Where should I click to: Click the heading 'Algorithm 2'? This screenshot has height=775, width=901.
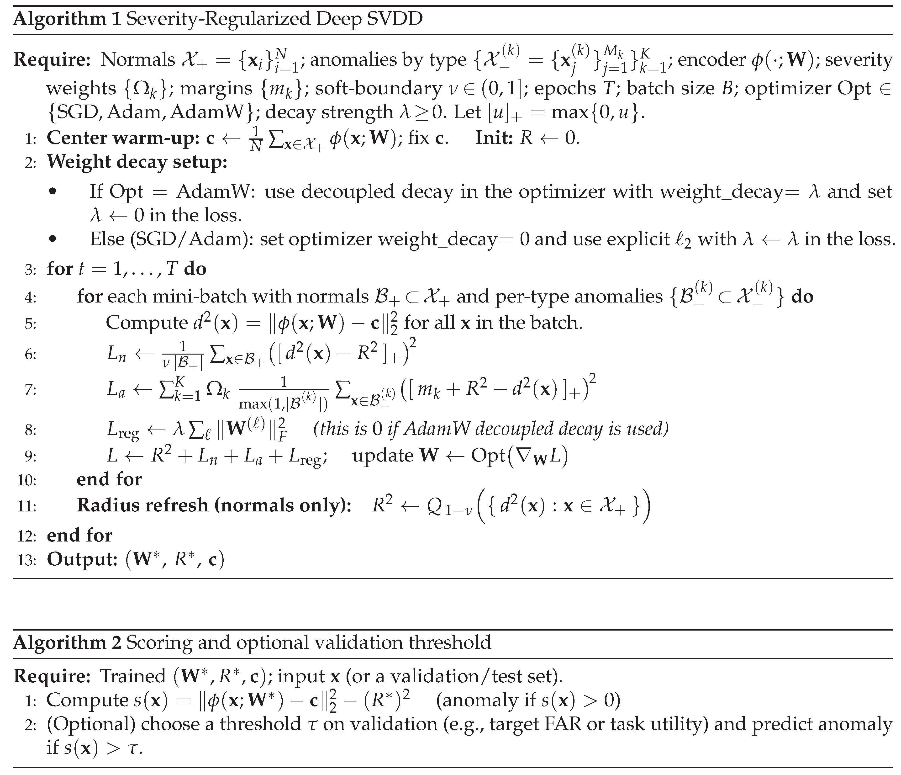point(67,642)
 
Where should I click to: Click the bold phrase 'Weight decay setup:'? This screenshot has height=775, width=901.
point(137,162)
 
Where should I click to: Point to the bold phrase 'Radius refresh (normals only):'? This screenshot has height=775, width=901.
point(214,505)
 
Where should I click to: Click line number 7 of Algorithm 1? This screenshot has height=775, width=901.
point(31,390)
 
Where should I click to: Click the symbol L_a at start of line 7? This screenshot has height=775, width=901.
point(116,390)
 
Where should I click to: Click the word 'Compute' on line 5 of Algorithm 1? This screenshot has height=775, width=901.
point(146,323)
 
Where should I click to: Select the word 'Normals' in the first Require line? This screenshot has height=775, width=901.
point(137,60)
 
